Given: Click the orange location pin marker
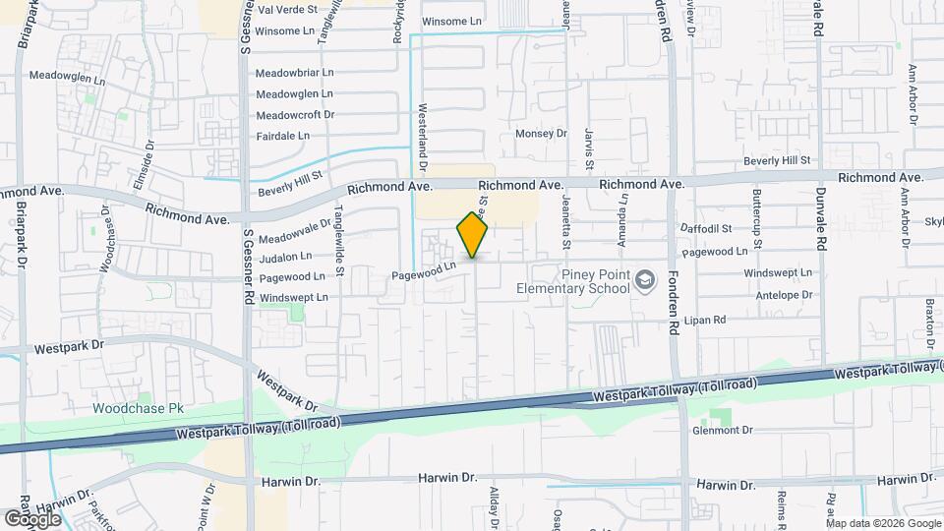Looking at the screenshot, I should click(472, 235).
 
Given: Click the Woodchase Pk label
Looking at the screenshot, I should click(139, 408).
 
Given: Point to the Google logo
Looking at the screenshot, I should click(32, 517).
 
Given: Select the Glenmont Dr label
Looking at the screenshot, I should click(722, 430).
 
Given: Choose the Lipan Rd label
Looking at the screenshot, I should click(706, 320).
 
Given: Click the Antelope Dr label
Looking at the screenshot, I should click(780, 294).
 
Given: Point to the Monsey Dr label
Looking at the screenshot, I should click(542, 134).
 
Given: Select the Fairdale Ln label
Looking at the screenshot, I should click(282, 136).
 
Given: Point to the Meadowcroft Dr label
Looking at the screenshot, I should click(295, 115).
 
